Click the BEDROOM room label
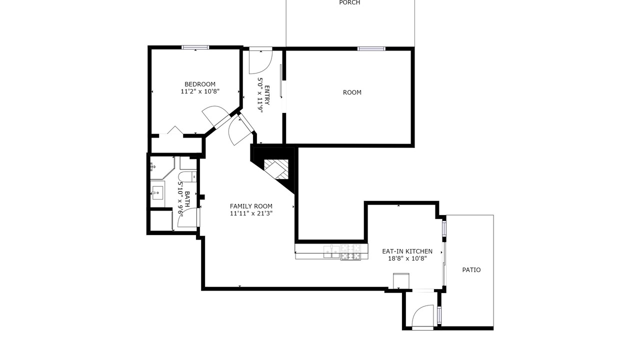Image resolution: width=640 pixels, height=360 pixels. pyautogui.click(x=199, y=84)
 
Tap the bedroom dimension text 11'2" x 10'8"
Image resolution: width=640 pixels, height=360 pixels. pyautogui.click(x=200, y=91)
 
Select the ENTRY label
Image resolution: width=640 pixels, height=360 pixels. pyautogui.click(x=267, y=95)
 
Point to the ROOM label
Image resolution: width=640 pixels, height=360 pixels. pyautogui.click(x=352, y=92)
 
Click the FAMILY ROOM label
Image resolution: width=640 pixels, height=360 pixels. pyautogui.click(x=251, y=206)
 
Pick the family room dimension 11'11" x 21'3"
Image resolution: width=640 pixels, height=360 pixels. pyautogui.click(x=251, y=213)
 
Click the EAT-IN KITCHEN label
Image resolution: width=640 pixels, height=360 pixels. pyautogui.click(x=407, y=251)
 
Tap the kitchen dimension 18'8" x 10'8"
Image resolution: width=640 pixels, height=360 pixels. pyautogui.click(x=407, y=258)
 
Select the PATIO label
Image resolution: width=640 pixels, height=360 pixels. pyautogui.click(x=471, y=269)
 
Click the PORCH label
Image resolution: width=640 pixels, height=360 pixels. pyautogui.click(x=349, y=2)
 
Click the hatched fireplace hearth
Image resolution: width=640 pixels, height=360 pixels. pyautogui.click(x=276, y=169)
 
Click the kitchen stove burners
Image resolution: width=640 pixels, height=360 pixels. pyautogui.click(x=350, y=252)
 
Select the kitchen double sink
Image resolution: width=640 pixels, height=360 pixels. pyautogui.click(x=331, y=251)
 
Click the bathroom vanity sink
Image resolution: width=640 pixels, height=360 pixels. pyautogui.click(x=157, y=192)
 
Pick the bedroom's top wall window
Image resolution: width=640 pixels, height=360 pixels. pyautogui.click(x=195, y=47)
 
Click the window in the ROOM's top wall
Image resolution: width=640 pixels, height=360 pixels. pyautogui.click(x=371, y=49)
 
